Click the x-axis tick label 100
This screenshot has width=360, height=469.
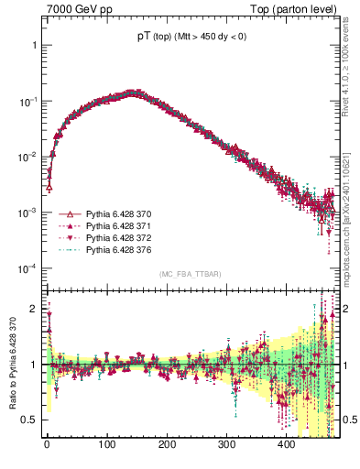106,444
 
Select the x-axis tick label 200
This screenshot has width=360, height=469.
167,444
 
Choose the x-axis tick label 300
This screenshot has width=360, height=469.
226,444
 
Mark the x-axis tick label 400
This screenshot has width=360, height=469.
287,444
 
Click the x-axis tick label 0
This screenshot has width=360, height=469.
47,444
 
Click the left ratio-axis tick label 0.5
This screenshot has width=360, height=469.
33,420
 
